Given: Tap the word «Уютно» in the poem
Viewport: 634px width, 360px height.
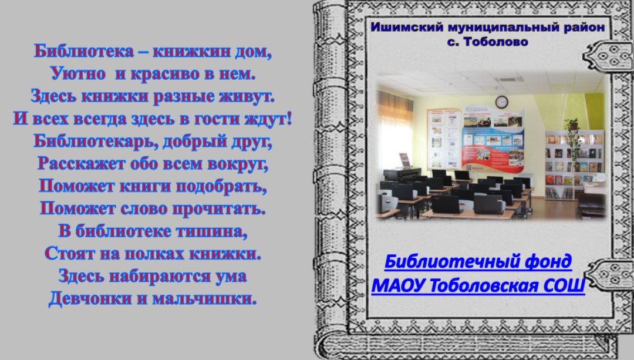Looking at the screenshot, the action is coord(78,73).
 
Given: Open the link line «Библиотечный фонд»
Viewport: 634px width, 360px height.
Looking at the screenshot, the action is coord(478,261).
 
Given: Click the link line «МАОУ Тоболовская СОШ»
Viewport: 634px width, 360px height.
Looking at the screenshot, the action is coord(478,285).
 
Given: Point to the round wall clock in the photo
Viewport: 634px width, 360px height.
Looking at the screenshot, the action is coord(501,102).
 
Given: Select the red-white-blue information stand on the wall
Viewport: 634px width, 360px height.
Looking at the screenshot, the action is coord(493,137).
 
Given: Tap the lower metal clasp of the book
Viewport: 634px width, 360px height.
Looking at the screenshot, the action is coord(610,275).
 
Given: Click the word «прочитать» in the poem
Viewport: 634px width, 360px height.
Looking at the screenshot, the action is coord(219,208).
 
